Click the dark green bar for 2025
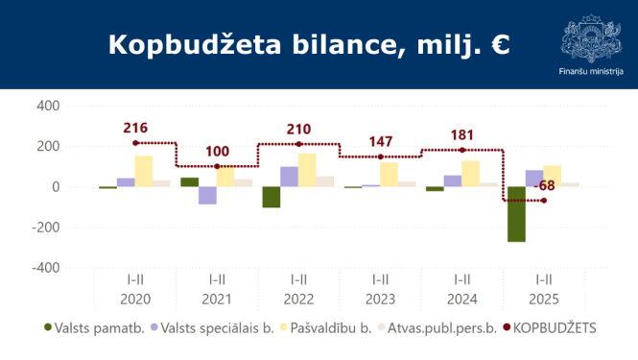tap(517, 214)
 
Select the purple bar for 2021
tap(208, 196)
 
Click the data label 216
tap(135, 128)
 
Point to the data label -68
tap(544, 184)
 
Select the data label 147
tap(381, 142)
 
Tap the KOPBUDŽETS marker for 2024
tap(462, 150)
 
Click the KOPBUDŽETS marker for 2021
tap(217, 167)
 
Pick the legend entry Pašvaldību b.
tap(324, 328)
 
